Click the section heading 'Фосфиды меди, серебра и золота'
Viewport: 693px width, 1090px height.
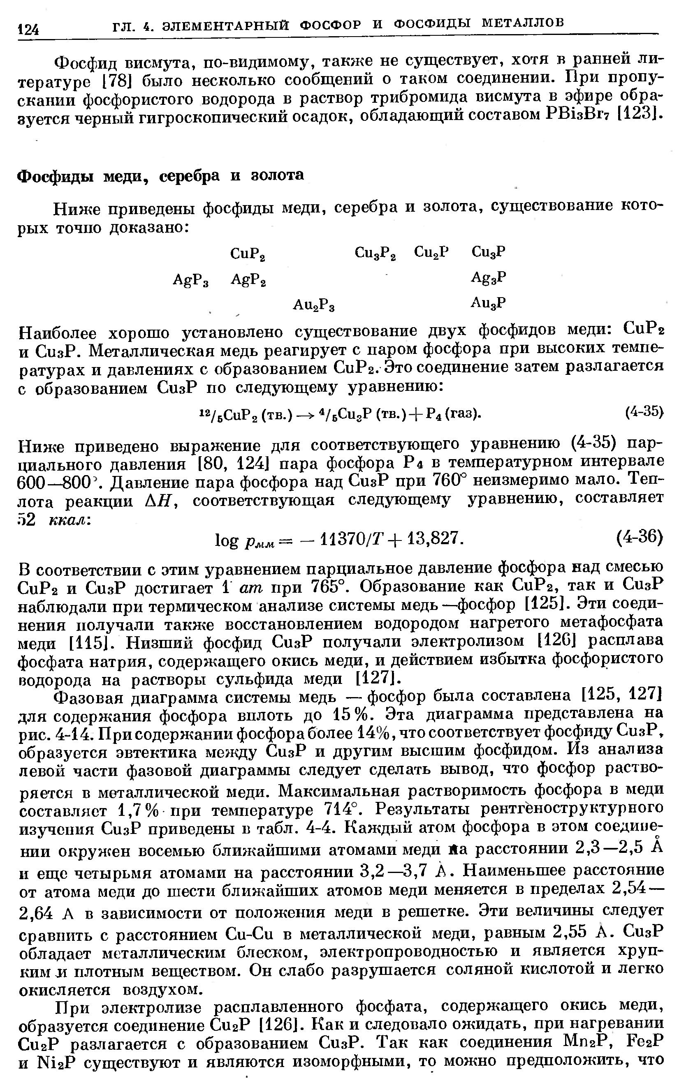[160, 175]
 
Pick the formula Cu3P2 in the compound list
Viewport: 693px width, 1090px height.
[375, 253]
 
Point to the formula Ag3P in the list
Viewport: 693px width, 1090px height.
[488, 277]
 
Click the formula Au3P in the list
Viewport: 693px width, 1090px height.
[488, 303]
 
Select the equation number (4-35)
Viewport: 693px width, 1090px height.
[644, 411]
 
